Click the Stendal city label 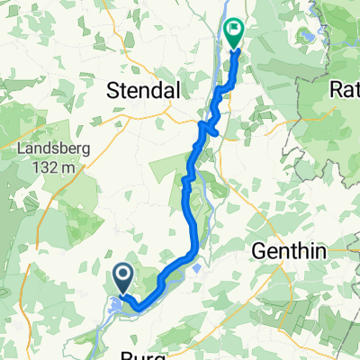click(144, 90)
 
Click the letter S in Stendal click(114, 90)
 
